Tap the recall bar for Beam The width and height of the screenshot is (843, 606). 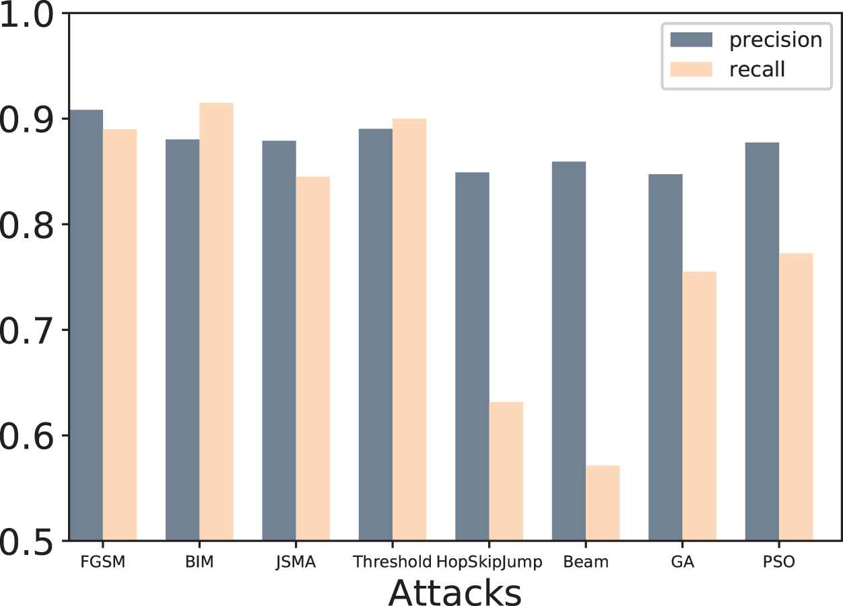click(603, 502)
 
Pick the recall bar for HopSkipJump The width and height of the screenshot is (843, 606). click(506, 471)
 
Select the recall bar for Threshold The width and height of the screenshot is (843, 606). click(409, 330)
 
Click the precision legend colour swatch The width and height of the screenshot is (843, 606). click(692, 40)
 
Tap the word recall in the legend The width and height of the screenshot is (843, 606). click(757, 69)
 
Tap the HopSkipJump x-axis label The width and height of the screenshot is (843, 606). click(490, 562)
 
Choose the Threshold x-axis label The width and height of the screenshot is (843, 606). click(392, 562)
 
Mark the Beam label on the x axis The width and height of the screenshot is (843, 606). click(586, 562)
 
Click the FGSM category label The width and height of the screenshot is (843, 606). click(103, 562)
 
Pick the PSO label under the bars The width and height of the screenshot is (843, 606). click(780, 562)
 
